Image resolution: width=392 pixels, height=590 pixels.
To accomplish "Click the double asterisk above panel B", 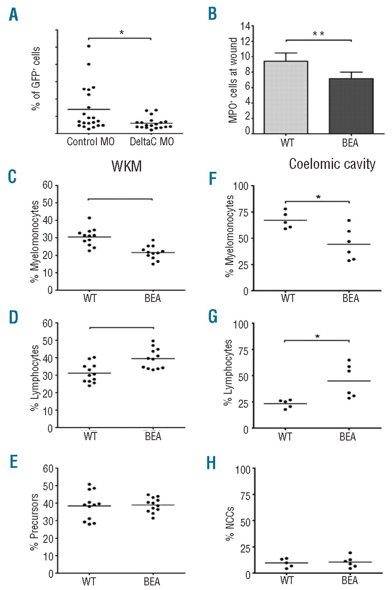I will [318, 33].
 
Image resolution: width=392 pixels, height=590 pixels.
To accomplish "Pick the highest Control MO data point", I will [88, 46].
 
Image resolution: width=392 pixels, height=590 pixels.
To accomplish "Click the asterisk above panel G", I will [318, 336].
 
